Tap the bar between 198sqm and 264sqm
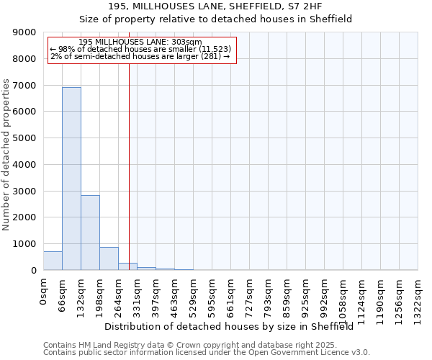click(x=109, y=258)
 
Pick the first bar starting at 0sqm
click(x=53, y=261)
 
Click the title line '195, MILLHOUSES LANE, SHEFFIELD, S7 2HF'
click(x=215, y=6)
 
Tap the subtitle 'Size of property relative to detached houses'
click(x=215, y=19)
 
